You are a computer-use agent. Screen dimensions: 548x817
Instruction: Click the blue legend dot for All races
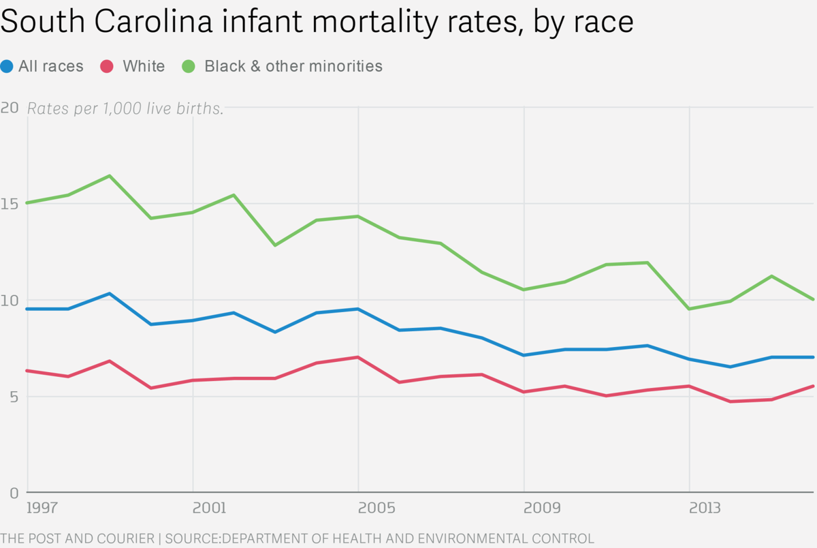coord(7,66)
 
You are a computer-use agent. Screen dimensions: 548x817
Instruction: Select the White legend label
coord(144,66)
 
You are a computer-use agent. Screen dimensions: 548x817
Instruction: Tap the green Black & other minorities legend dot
coord(189,66)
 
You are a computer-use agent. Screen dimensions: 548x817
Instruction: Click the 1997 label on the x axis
coord(43,508)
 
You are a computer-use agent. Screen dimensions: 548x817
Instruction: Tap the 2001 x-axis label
coord(209,508)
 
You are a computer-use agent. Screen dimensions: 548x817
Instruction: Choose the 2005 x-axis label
coord(374,508)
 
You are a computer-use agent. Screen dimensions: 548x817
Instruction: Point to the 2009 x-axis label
coord(541,508)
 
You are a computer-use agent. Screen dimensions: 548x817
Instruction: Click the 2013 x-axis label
coord(706,508)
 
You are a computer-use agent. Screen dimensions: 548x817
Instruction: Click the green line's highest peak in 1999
coord(110,176)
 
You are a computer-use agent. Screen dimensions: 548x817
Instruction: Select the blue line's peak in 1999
coord(110,294)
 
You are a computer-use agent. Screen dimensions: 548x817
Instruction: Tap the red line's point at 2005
coord(358,357)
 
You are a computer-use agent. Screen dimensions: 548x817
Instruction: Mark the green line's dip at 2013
coord(690,309)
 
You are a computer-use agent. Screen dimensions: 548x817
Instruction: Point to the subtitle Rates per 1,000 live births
coord(125,108)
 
